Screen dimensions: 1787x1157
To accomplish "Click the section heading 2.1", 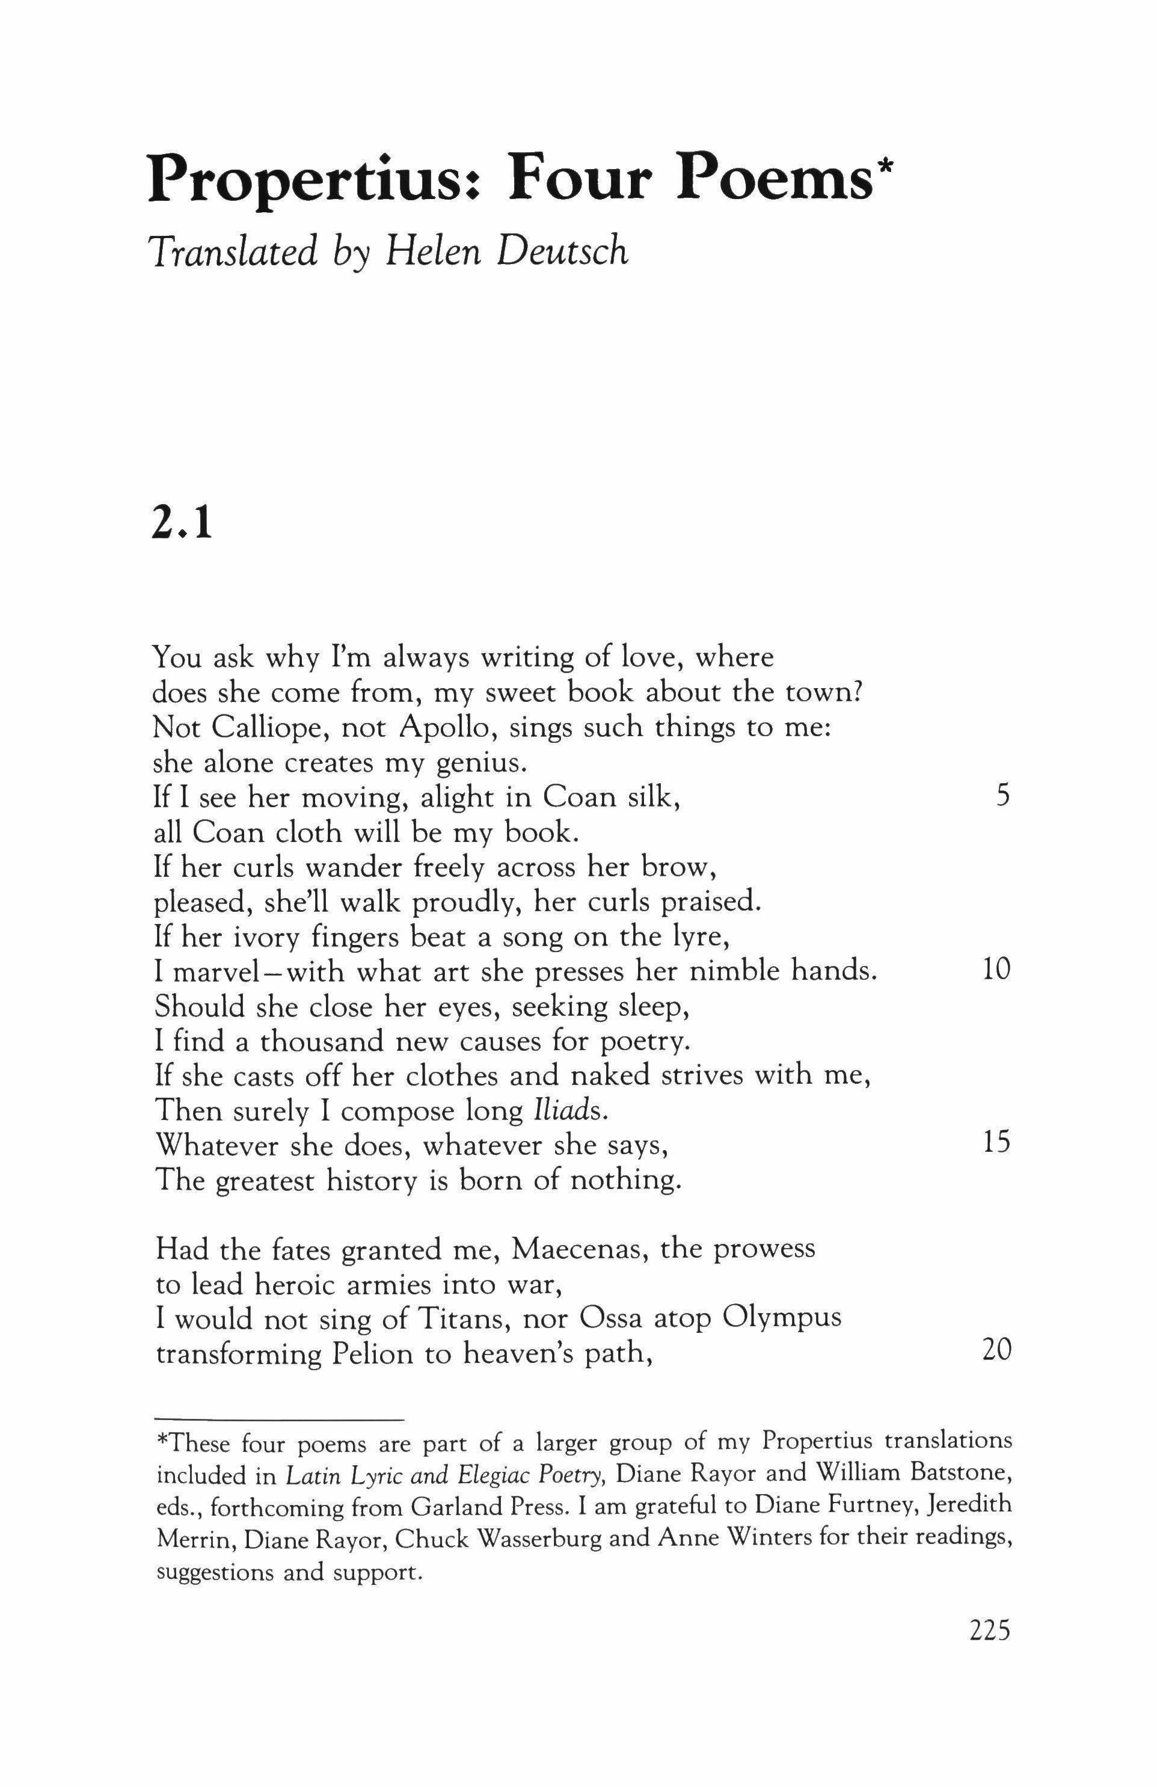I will tap(182, 525).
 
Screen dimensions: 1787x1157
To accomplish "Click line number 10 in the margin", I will tap(996, 970).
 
